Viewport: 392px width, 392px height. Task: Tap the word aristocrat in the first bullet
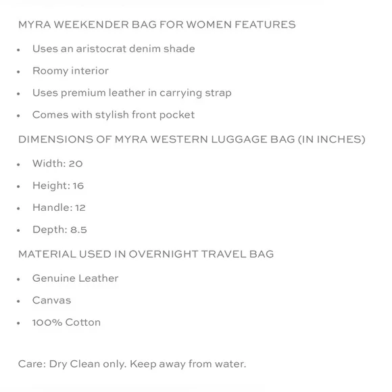(107, 49)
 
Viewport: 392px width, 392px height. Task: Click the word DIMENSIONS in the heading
(51, 140)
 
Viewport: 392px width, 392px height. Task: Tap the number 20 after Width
(76, 164)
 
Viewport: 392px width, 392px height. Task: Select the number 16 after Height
(77, 186)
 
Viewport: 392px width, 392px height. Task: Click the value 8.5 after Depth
(79, 230)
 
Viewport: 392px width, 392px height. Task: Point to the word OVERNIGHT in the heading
(161, 255)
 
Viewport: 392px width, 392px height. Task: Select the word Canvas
(51, 300)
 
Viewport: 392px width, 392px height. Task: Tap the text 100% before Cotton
(47, 322)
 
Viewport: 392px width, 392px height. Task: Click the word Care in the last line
(31, 364)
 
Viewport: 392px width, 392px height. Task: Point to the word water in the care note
(229, 364)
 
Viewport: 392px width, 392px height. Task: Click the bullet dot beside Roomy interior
(20, 72)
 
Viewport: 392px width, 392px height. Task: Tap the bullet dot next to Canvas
(20, 301)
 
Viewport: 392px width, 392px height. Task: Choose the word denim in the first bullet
(147, 49)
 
